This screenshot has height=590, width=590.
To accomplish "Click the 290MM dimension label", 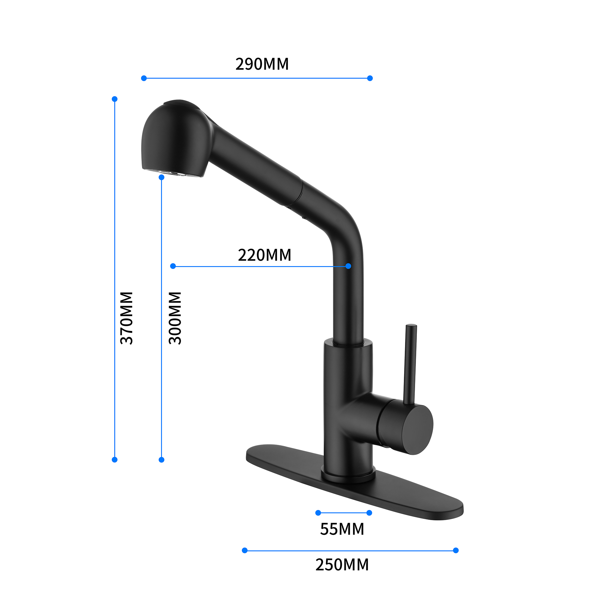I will [262, 64].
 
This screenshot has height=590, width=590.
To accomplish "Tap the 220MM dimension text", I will [264, 255].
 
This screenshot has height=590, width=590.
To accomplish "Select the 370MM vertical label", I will [127, 318].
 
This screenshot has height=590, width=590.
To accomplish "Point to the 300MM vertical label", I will [175, 318].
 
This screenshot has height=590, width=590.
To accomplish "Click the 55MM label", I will [342, 529].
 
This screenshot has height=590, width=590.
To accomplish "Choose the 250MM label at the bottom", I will [342, 565].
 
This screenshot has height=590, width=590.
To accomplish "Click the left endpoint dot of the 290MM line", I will [144, 78].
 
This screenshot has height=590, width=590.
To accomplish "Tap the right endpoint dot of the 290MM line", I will [370, 78].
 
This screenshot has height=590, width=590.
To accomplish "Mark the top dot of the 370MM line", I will [114, 99].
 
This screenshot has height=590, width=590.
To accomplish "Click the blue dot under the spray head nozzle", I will [162, 177].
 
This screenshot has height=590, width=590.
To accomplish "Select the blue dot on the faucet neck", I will [348, 266].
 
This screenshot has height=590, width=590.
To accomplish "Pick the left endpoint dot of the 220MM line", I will [173, 266].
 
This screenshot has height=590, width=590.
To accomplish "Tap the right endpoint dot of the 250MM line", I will [456, 550].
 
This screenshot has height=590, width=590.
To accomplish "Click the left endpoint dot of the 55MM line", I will [318, 513].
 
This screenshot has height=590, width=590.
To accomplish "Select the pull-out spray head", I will [176, 140].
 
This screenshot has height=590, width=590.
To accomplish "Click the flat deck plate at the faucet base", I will [397, 501].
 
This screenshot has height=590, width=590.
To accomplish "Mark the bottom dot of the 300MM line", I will [162, 460].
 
